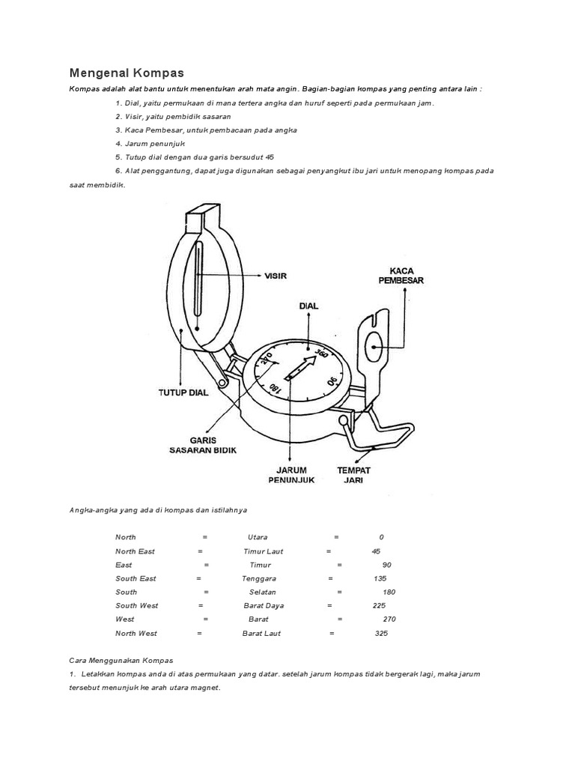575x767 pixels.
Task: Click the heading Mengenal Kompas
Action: pyautogui.click(x=127, y=73)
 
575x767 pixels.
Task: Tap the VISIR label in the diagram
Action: pyautogui.click(x=276, y=276)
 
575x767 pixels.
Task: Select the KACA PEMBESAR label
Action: pyautogui.click(x=407, y=275)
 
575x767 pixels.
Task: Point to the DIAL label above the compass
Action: pyautogui.click(x=309, y=306)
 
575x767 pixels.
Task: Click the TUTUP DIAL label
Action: pyautogui.click(x=183, y=392)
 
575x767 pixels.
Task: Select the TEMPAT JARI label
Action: pyautogui.click(x=354, y=475)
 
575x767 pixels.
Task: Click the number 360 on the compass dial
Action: pyautogui.click(x=321, y=351)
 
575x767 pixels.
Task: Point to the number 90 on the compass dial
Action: pyautogui.click(x=332, y=381)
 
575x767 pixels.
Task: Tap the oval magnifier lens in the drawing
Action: pyautogui.click(x=374, y=344)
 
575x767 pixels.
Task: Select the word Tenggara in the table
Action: pyautogui.click(x=259, y=578)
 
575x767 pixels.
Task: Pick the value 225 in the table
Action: pyautogui.click(x=378, y=605)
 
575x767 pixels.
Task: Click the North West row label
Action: pyautogui.click(x=136, y=633)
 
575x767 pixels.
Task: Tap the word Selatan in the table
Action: pyautogui.click(x=263, y=592)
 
